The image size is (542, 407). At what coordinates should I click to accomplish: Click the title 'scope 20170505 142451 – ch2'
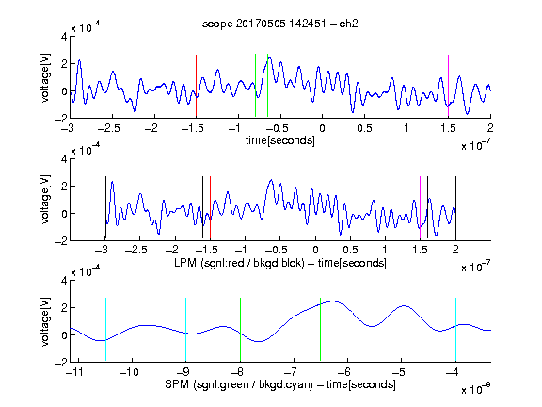(280, 24)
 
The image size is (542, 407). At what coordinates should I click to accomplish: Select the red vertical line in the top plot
(196, 86)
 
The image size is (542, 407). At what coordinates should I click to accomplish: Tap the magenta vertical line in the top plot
(448, 86)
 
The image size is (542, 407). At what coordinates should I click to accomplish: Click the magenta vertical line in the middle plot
(420, 207)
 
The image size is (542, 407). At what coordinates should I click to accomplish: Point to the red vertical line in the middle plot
(210, 207)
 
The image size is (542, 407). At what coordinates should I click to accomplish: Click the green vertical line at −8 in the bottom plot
(240, 329)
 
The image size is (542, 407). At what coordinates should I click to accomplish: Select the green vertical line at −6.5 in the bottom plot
(321, 329)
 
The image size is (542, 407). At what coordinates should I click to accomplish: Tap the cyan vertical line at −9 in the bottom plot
(186, 329)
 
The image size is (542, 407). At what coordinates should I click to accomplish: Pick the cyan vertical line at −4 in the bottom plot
(455, 329)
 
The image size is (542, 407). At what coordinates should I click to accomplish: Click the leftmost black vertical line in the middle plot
(105, 207)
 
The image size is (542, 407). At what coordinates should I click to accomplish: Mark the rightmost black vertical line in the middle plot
(455, 207)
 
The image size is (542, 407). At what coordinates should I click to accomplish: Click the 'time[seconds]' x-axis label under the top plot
(280, 140)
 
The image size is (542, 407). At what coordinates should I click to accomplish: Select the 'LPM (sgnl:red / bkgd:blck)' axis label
(239, 263)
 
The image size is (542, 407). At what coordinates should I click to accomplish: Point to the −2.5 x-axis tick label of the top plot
(108, 128)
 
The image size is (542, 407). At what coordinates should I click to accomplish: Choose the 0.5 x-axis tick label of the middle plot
(350, 250)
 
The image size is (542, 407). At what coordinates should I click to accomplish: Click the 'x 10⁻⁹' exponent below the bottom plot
(476, 389)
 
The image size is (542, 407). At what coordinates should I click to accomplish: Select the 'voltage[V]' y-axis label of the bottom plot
(45, 321)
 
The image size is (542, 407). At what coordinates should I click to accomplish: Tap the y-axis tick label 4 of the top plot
(64, 36)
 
